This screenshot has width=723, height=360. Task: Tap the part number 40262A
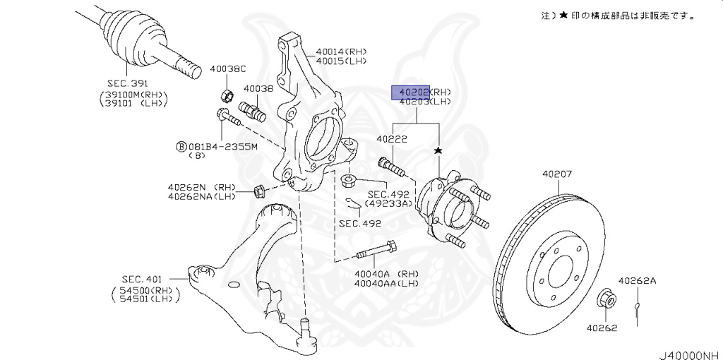point(637,281)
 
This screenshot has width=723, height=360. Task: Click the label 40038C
point(227,69)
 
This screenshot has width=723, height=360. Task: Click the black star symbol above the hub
point(438,151)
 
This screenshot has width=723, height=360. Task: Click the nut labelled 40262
point(606,299)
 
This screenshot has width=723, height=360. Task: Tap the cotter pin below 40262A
point(638,308)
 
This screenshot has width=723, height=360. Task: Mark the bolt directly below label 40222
point(390,167)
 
